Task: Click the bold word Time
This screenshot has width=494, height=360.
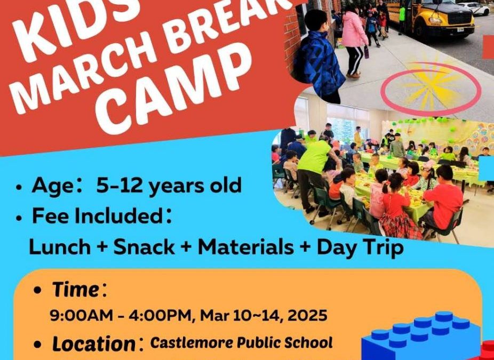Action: pyautogui.click(x=75, y=290)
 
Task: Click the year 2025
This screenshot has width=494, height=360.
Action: pyautogui.click(x=309, y=315)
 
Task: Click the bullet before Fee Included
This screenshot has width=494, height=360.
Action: pyautogui.click(x=19, y=218)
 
